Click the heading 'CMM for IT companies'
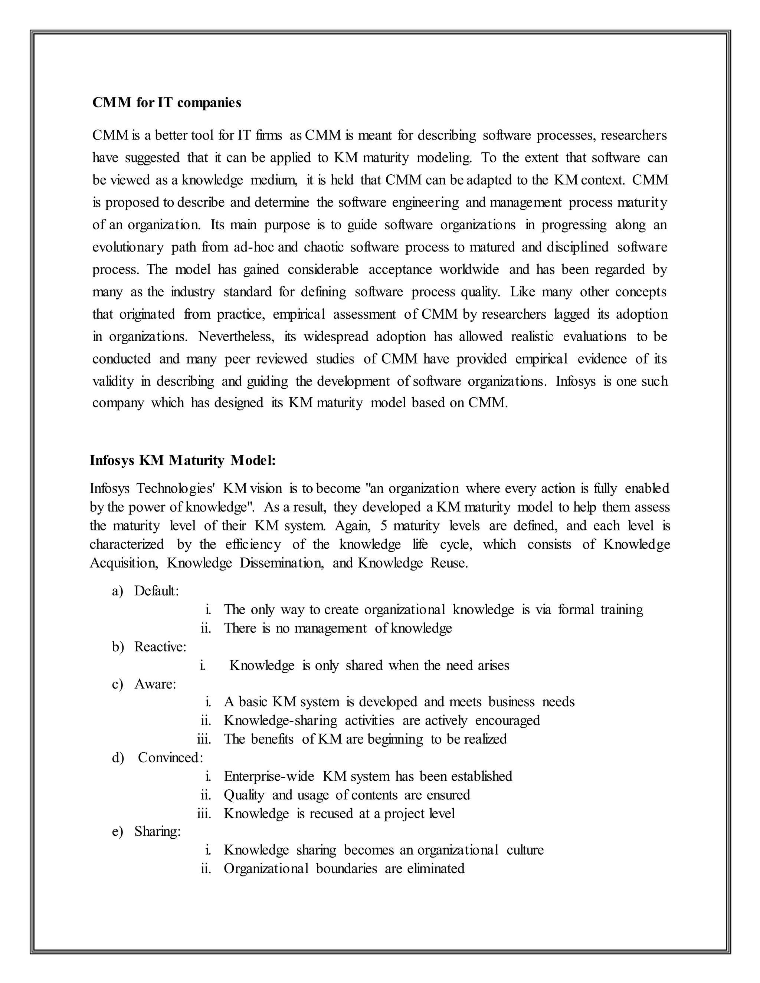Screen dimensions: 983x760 [x=167, y=103]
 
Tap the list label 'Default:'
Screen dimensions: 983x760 [x=156, y=591]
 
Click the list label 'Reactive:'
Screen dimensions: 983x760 [x=160, y=647]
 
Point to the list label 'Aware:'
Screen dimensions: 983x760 [x=155, y=684]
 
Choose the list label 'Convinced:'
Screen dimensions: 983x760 [x=170, y=757]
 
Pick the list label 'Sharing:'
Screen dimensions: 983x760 [x=157, y=831]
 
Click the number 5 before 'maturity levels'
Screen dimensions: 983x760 [x=384, y=526]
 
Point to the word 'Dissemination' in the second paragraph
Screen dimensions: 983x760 [x=281, y=563]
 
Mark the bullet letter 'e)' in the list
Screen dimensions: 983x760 [x=118, y=831]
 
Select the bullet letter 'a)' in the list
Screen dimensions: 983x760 [x=118, y=591]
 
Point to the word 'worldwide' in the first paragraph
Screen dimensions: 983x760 [x=469, y=270]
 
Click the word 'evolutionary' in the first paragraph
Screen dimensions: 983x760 [x=128, y=247]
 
